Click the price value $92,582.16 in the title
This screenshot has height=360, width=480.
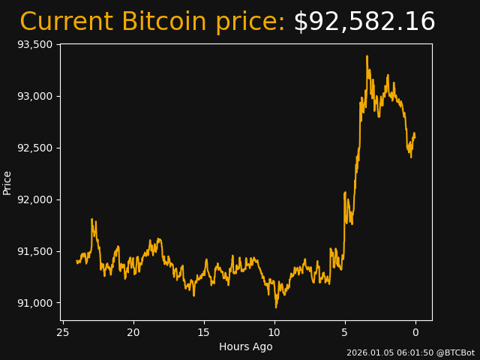click(364, 22)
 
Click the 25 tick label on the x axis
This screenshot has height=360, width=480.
click(63, 332)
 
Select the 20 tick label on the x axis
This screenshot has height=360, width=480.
click(133, 332)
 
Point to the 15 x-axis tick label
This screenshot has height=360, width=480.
click(204, 332)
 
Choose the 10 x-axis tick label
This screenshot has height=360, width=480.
click(274, 332)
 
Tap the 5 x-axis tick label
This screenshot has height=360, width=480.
click(345, 332)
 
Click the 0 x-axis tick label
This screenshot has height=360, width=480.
click(415, 332)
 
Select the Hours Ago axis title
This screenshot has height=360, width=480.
click(246, 346)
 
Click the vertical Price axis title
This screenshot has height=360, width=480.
click(7, 182)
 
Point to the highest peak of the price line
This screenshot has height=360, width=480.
click(367, 56)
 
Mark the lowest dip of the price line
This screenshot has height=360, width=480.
click(276, 307)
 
